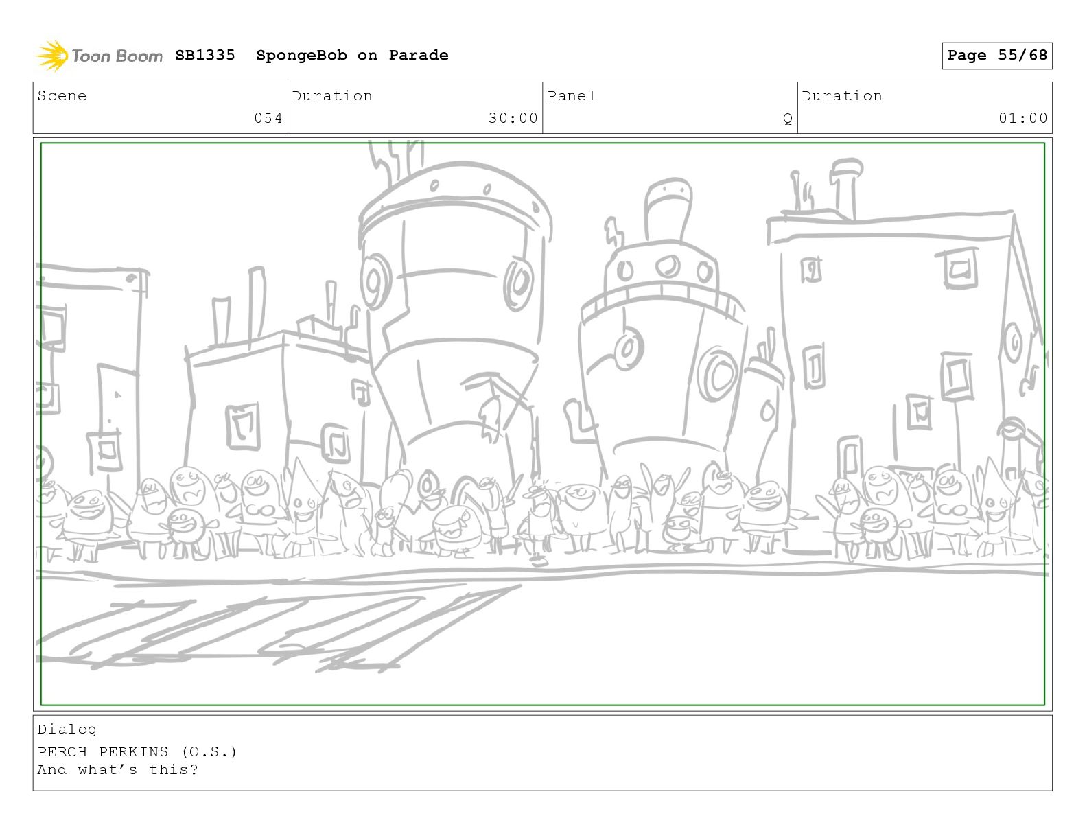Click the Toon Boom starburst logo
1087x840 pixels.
click(x=52, y=56)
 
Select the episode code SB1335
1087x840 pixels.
click(x=205, y=55)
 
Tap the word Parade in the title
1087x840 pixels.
click(x=418, y=55)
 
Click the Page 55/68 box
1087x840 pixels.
click(x=996, y=56)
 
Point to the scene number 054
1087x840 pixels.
click(x=268, y=118)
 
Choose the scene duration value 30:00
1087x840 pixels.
click(x=513, y=118)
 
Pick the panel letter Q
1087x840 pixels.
click(x=787, y=119)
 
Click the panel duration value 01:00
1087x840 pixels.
click(x=1023, y=118)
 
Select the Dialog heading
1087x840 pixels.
click(x=67, y=730)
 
